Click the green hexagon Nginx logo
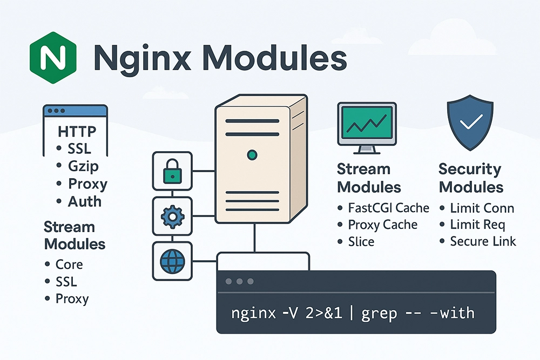(x=53, y=57)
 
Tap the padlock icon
(x=172, y=171)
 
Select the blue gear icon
(x=173, y=216)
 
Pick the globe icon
(x=173, y=261)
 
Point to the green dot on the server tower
(x=252, y=155)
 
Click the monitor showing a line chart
(x=367, y=128)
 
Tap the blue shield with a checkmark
(x=470, y=122)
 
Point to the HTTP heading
(x=77, y=132)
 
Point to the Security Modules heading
(x=471, y=178)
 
